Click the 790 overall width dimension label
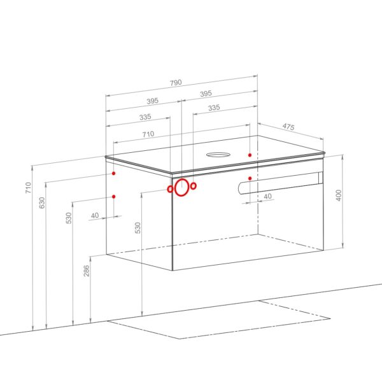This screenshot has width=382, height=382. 176,83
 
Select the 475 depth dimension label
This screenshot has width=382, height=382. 288,127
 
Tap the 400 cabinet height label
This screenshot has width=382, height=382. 339,195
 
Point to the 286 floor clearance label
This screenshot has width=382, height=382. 87,271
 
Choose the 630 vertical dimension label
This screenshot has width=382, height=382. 42,202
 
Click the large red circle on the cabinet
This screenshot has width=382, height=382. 181,187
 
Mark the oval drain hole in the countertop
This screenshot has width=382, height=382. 218,155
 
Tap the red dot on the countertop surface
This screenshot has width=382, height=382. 250,155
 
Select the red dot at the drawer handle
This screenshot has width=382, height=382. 250,178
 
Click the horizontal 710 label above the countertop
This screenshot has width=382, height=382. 148,134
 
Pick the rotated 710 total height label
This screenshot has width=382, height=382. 29,188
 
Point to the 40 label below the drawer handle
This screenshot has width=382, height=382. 267,196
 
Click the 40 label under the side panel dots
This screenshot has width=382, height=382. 95,215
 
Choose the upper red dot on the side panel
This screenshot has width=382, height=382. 113,173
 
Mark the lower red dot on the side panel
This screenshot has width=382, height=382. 113,196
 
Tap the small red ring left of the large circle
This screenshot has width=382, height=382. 170,189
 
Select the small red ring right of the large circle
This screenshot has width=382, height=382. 194,186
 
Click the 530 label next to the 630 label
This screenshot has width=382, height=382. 69,218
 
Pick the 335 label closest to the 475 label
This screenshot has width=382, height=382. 214,108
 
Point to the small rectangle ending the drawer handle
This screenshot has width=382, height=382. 320,178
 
